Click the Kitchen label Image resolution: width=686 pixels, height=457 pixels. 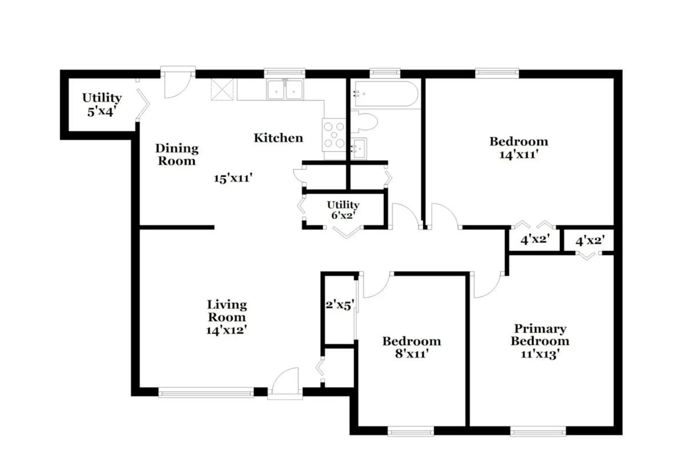tap(278, 138)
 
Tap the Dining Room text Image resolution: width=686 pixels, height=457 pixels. tap(177, 154)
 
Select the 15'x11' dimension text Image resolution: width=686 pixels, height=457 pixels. tap(233, 178)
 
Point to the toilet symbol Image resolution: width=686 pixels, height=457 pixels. tap(366, 122)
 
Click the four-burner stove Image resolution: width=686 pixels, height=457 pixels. tap(334, 135)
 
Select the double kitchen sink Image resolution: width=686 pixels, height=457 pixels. tap(285, 90)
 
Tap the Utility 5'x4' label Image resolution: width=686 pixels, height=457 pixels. tap(101, 104)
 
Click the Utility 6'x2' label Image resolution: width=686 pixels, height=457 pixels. tap(343, 210)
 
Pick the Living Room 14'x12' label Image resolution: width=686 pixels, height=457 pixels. tap(227, 317)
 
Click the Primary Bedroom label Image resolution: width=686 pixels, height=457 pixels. tap(540, 340)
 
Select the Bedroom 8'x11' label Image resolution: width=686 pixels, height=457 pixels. tap(412, 347)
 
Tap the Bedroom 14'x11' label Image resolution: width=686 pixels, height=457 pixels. tap(519, 147)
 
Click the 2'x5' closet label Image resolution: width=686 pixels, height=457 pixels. tap(340, 304)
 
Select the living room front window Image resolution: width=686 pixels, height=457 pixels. tap(206, 392)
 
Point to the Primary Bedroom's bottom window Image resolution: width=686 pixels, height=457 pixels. tap(538, 431)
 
